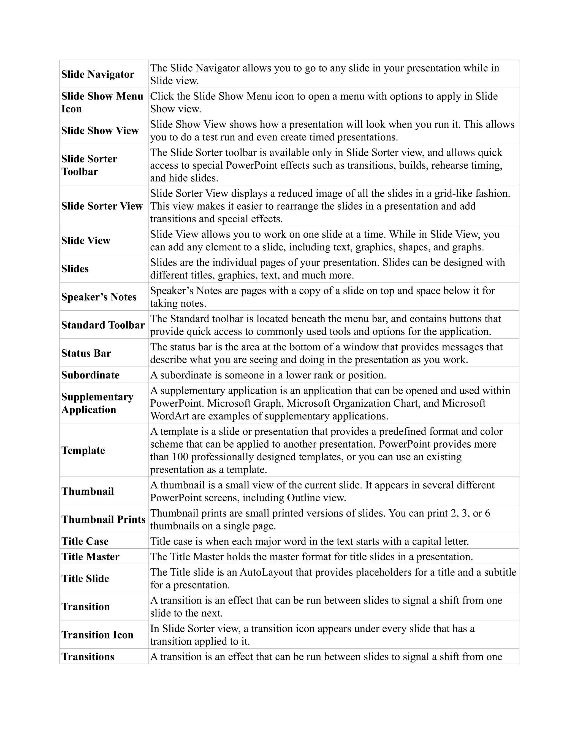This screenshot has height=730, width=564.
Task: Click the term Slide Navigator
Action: (97, 74)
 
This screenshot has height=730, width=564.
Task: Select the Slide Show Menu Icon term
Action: (102, 102)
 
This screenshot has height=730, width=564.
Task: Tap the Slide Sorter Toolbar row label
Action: (89, 165)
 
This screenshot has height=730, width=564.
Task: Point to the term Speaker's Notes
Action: (99, 297)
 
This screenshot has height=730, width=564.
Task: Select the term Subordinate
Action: (90, 375)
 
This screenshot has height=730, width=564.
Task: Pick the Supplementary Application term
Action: (97, 403)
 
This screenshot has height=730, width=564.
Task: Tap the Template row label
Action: (83, 450)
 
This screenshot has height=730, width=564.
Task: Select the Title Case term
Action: (85, 541)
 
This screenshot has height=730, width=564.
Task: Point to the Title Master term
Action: (90, 556)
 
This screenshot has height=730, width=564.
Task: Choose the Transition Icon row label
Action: (97, 634)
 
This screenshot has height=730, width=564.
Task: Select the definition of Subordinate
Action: (268, 375)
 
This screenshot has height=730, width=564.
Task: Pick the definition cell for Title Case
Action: (309, 541)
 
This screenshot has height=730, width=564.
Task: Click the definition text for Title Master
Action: (311, 556)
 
